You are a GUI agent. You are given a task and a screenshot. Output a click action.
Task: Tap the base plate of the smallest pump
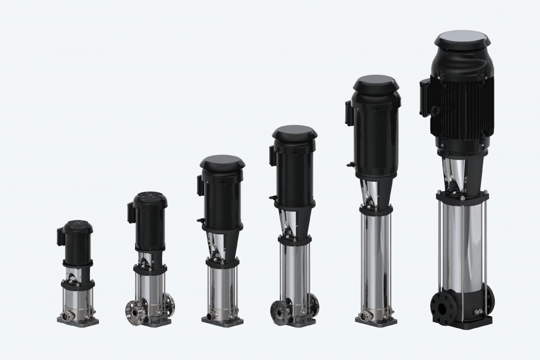pos(78,321)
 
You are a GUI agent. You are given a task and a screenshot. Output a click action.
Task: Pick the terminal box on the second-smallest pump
pos(131,213)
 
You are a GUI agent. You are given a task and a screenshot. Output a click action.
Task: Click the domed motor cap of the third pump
pos(222,163)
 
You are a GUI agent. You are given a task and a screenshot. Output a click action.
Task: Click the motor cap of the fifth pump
pos(376,84)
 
